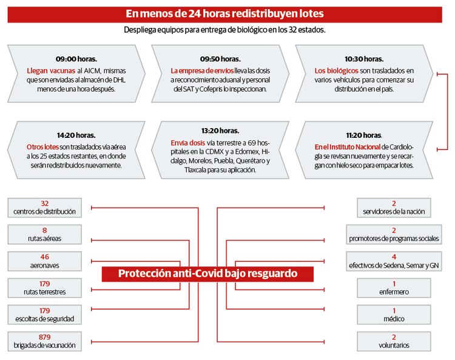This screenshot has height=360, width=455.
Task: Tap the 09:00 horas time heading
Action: click(75, 59)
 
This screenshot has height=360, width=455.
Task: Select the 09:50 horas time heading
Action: click(220, 59)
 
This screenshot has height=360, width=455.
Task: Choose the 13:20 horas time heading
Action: click(220, 131)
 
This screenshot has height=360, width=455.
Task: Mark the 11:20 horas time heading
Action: click(363, 135)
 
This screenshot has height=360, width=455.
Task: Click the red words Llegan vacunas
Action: click(47, 70)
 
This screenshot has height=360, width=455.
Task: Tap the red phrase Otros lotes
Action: click(42, 147)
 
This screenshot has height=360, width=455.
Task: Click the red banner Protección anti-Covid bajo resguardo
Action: click(207, 274)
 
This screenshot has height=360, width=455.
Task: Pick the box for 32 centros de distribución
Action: click(45, 208)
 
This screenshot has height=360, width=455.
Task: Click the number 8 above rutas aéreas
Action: click(45, 230)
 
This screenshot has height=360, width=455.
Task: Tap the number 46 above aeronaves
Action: click(45, 257)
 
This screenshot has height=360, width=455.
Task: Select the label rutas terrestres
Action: click(45, 292)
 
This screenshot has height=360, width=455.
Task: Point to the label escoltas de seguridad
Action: click(45, 319)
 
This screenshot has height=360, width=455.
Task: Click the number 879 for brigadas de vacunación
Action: click(45, 336)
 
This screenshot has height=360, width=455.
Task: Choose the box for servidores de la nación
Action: click(394, 208)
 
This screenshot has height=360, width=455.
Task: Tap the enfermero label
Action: click(394, 292)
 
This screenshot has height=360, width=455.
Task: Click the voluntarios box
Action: click(394, 341)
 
